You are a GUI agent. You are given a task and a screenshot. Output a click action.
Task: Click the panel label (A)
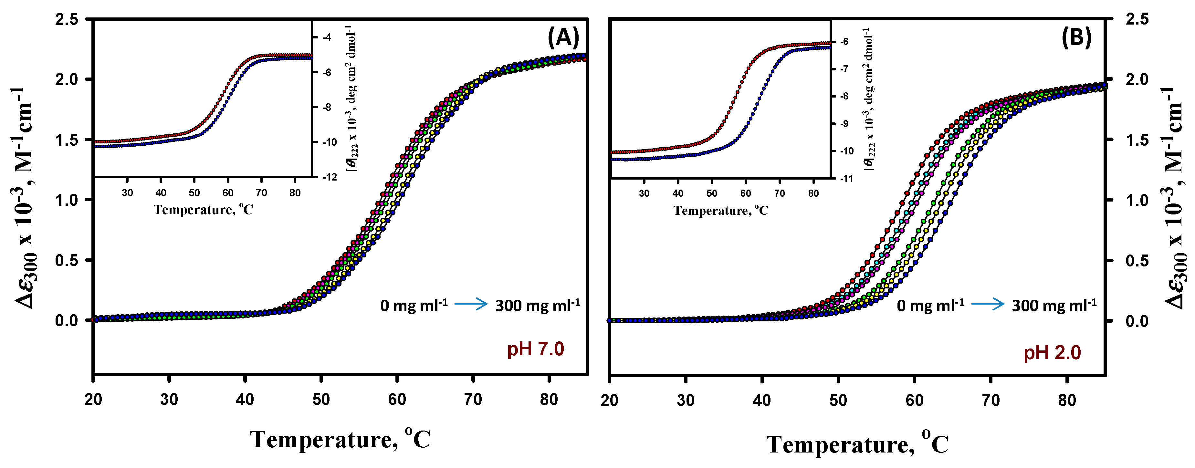pos(563,37)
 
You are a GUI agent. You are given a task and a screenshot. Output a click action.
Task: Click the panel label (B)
pos(1076,37)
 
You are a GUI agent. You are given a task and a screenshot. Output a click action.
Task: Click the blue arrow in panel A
pos(471,304)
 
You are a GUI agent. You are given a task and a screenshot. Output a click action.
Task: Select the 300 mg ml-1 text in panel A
pos(537,305)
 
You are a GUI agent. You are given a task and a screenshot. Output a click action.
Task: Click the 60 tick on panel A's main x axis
pos(397,399)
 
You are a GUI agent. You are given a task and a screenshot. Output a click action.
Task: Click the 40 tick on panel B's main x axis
pos(762,400)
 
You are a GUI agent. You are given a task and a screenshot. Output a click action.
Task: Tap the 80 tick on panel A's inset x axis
pos(295,193)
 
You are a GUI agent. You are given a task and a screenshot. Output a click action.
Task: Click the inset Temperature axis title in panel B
pos(720,211)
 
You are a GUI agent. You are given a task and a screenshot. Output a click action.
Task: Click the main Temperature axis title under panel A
pos(340,439)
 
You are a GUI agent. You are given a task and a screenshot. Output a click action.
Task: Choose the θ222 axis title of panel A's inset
pos(352,98)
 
